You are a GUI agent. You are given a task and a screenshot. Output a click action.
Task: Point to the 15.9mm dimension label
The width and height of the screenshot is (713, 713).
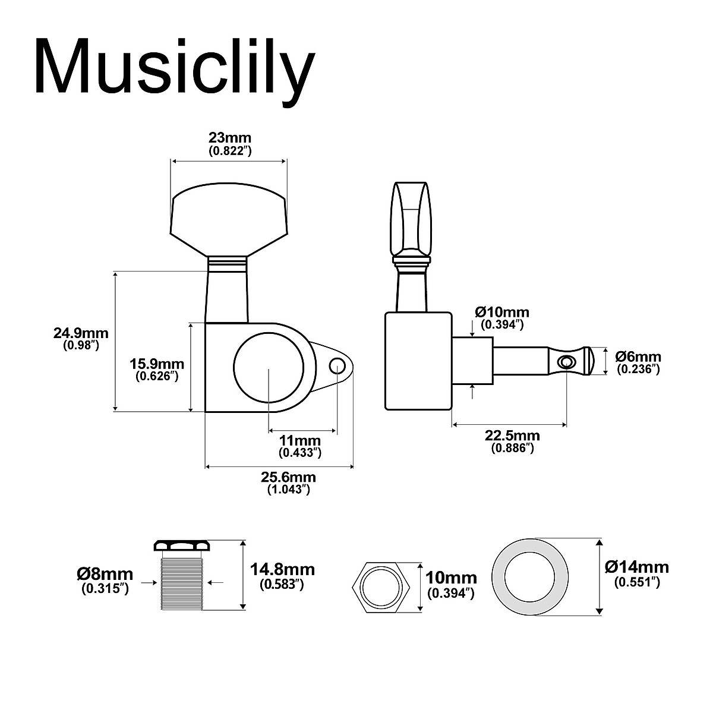pyautogui.click(x=157, y=364)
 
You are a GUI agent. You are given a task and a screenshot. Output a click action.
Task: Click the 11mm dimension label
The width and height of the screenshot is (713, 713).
pyautogui.click(x=300, y=441)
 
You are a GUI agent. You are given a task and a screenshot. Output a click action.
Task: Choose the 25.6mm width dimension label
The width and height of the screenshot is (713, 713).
pyautogui.click(x=289, y=478)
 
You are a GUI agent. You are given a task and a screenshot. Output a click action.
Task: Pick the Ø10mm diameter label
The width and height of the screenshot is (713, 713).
pyautogui.click(x=501, y=312)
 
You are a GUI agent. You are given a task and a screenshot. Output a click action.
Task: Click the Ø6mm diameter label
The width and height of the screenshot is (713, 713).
pyautogui.click(x=638, y=356)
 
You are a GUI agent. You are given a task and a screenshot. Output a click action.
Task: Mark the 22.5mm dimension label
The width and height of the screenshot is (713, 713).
pyautogui.click(x=512, y=436)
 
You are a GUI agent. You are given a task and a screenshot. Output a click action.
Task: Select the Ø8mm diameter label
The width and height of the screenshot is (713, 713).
pyautogui.click(x=105, y=574)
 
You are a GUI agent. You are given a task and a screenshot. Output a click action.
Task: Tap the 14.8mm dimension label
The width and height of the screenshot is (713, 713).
pyautogui.click(x=282, y=570)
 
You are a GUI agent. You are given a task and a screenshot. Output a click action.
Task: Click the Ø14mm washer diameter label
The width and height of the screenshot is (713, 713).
pyautogui.click(x=636, y=567)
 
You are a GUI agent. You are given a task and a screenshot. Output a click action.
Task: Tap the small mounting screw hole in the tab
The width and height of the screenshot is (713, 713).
pyautogui.click(x=338, y=365)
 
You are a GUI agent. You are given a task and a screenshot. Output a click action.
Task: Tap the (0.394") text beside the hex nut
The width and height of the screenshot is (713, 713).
pyautogui.click(x=451, y=593)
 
